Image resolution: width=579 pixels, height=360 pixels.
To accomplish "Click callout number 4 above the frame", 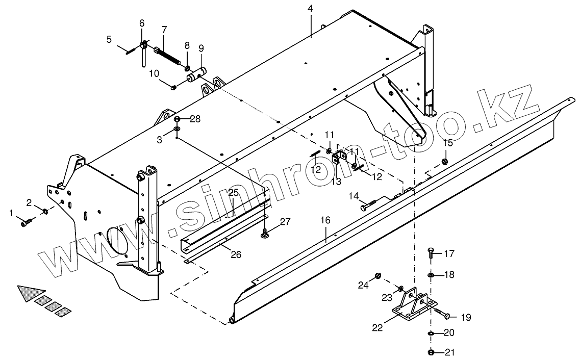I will [310, 10].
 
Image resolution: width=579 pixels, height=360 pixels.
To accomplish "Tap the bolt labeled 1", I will [27, 222].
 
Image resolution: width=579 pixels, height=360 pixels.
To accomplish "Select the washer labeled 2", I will [45, 211].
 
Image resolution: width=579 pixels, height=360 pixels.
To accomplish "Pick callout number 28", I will [195, 119].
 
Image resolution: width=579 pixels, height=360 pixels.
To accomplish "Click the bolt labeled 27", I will [266, 233].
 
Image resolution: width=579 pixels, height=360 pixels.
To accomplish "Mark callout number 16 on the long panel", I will [325, 220].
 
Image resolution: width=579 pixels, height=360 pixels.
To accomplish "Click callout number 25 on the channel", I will [233, 193].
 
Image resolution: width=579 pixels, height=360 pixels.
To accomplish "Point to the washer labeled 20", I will [431, 333].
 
